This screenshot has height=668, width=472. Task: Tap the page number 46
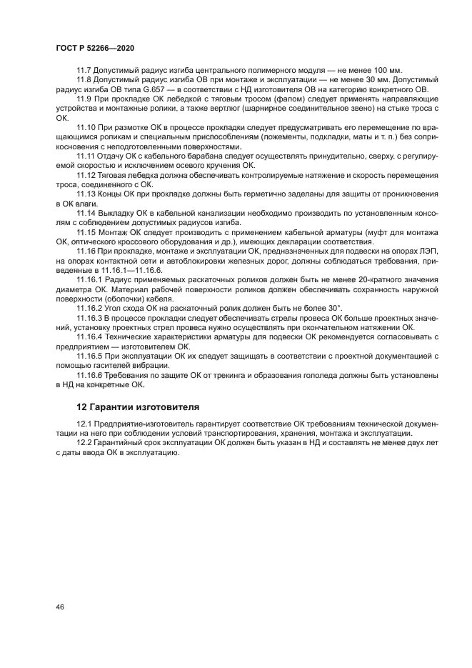pos(60,607)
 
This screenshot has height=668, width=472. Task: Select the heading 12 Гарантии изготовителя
pos(137,407)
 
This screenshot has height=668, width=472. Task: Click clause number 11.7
pos(86,70)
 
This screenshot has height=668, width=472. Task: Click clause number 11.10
pos(87,126)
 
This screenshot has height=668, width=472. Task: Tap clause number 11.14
pos(87,213)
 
